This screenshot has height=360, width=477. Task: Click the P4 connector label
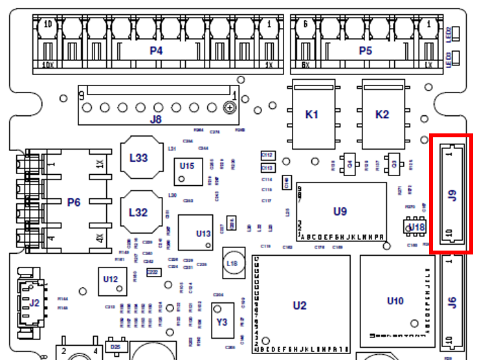(x=156, y=51)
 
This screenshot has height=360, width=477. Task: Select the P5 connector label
(x=366, y=51)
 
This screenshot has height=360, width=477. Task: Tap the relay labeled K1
(x=312, y=115)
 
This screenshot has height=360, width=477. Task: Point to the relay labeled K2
(x=383, y=115)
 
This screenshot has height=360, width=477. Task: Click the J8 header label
(x=155, y=118)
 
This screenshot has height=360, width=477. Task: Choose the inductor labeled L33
(x=139, y=157)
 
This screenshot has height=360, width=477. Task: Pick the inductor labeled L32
(x=139, y=212)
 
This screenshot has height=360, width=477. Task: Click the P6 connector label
(x=74, y=203)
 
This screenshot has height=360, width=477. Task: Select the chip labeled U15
(x=187, y=166)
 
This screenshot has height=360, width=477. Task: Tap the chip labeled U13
(x=203, y=234)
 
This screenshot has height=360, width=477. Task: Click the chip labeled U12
(x=111, y=279)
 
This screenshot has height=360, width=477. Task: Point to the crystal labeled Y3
(x=222, y=321)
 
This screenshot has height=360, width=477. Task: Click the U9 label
(x=340, y=211)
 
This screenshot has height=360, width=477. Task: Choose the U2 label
(x=300, y=305)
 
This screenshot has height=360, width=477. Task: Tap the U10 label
(x=395, y=300)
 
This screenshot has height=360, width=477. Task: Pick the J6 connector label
(x=453, y=302)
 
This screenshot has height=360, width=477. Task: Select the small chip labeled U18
(x=417, y=227)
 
